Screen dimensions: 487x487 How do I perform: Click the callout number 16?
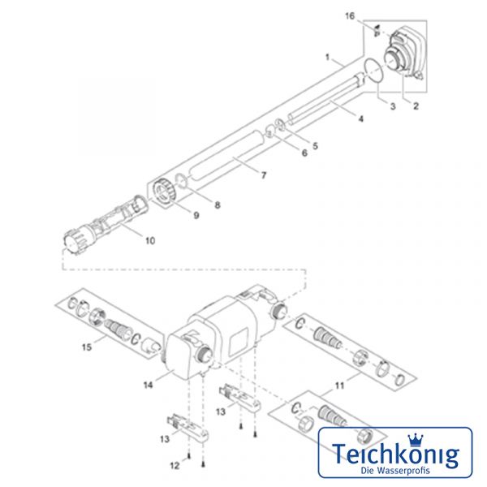350,16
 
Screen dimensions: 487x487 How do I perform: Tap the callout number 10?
150,240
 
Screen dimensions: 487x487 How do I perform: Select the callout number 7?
264,175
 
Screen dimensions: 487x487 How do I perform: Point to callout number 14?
149,385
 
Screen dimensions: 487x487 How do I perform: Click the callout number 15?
87,347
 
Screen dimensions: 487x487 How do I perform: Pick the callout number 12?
175,466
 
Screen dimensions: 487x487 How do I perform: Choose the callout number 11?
339,386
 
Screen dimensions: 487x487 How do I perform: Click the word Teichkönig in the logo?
395,454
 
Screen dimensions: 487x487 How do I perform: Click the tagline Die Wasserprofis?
395,470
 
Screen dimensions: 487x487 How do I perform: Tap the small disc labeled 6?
269,131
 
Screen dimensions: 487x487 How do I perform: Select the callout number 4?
360,119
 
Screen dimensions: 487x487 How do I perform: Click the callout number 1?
327,58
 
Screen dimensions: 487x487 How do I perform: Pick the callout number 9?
196,215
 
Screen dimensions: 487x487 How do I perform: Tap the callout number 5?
315,146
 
